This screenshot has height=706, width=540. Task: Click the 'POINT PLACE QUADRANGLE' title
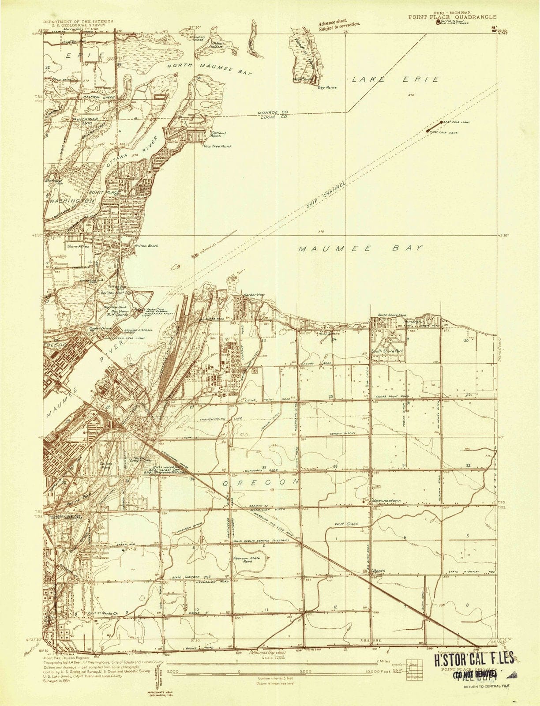[446, 17]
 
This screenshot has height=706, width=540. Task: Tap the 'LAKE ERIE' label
[395, 79]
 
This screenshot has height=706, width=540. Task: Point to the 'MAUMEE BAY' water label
[360, 248]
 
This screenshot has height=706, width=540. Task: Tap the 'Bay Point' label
[327, 87]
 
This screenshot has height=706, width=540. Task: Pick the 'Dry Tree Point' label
[217, 146]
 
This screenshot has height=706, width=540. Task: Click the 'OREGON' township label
[261, 484]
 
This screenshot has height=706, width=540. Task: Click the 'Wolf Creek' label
[346, 524]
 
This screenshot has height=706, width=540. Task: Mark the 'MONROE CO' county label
[273, 113]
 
